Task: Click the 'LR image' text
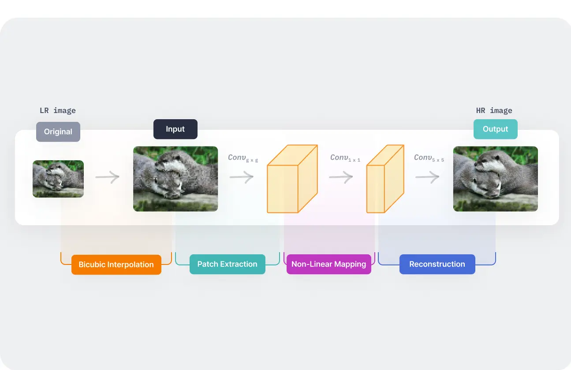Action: pos(58,110)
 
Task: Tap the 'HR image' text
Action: pos(494,110)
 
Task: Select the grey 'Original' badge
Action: pos(58,132)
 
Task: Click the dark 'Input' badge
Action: pos(175,129)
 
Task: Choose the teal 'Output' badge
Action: pos(495,129)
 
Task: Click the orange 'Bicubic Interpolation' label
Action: pos(116,264)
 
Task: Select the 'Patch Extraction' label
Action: pos(227,264)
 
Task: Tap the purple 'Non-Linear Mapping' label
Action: pos(328,264)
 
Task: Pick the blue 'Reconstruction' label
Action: pos(437,264)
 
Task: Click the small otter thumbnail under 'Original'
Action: pos(58,178)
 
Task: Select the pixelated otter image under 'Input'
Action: pos(175,178)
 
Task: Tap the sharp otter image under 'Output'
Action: pos(495,178)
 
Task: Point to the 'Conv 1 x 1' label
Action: pos(345,158)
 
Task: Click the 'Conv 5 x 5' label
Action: pos(429,158)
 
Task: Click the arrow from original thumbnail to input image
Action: pos(108,177)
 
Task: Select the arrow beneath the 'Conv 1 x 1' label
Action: pos(341,177)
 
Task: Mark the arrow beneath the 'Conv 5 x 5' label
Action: pos(427,177)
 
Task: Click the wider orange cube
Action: pos(291,179)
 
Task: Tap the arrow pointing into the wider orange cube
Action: pos(242,177)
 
